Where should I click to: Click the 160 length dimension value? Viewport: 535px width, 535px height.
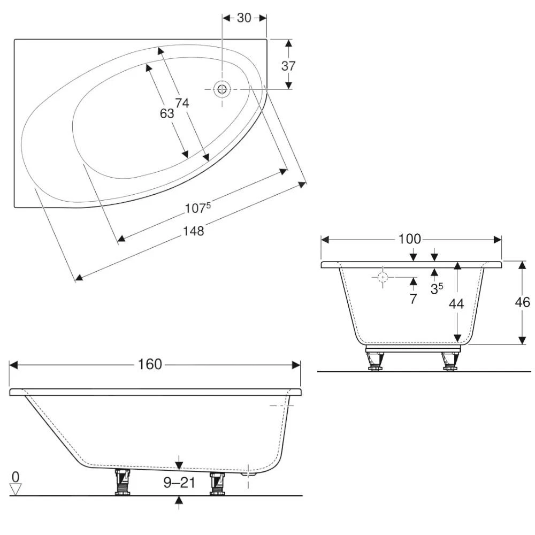tap(150, 365)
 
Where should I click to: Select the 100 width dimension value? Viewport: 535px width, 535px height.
tap(410, 239)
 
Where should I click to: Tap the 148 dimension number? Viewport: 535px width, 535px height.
tap(194, 231)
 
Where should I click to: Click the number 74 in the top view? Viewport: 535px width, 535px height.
tap(182, 104)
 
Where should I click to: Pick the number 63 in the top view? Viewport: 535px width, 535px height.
tap(167, 113)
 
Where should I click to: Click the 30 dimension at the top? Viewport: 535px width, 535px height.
tap(244, 18)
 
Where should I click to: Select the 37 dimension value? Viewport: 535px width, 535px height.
tap(288, 66)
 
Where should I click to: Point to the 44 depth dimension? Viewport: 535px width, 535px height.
tap(456, 303)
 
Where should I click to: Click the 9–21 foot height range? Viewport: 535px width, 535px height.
tap(179, 484)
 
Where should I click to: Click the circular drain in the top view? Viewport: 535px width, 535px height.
tap(221, 89)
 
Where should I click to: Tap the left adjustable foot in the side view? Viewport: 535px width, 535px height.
tap(123, 481)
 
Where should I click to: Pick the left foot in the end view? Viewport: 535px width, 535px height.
tap(374, 361)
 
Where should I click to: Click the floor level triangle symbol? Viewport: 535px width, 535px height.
tap(16, 489)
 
